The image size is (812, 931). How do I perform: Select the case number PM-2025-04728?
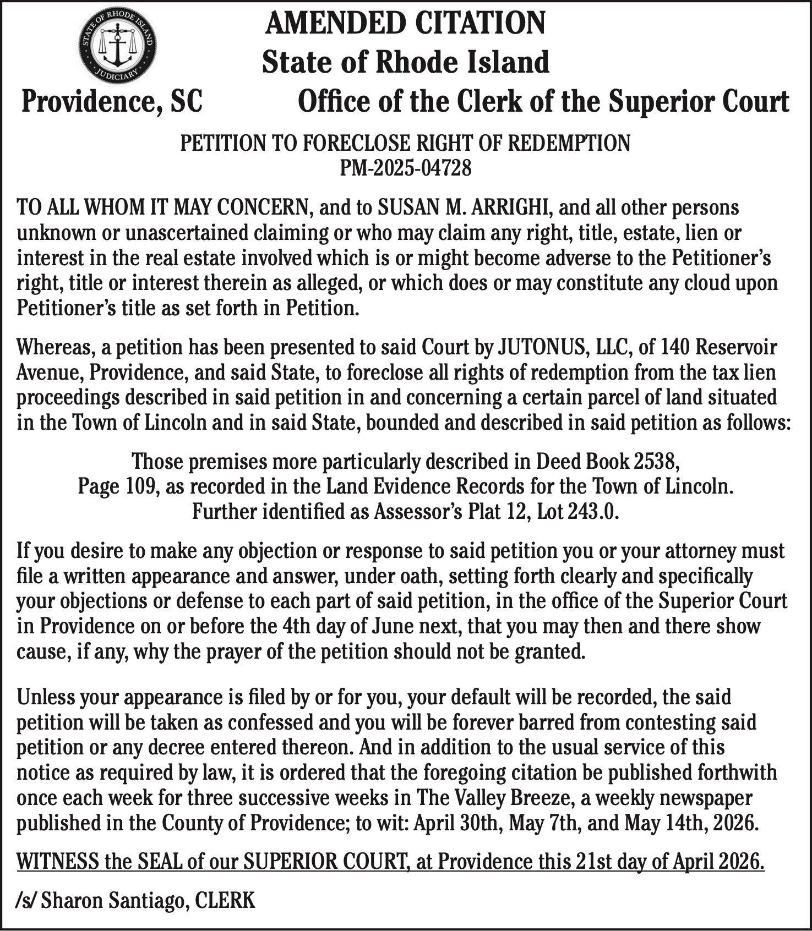coord(405,168)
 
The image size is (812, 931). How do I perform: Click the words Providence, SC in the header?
coord(112,102)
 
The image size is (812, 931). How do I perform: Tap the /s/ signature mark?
coord(26,900)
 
